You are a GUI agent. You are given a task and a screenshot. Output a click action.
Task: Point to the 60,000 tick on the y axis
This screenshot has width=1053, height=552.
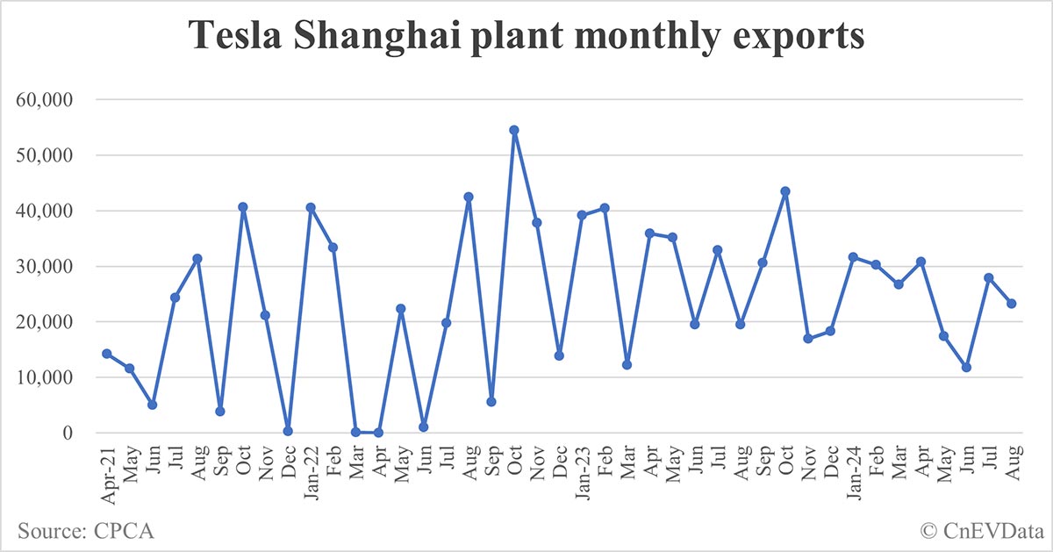[x=46, y=100]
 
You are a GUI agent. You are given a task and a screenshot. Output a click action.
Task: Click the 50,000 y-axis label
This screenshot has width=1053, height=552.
[x=46, y=155]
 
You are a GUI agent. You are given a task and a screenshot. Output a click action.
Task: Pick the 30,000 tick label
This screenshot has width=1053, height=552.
[x=46, y=267]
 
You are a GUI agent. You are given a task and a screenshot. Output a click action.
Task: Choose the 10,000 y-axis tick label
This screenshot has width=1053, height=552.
[x=46, y=377]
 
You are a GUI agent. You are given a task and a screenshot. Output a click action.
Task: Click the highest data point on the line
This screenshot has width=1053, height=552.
[x=514, y=130]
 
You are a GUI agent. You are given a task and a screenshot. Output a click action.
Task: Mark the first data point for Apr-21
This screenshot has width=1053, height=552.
[x=107, y=354]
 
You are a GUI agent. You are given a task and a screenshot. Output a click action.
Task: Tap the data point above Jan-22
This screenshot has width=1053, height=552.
[x=311, y=208]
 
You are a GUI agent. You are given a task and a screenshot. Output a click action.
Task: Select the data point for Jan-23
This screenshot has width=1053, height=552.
[x=582, y=215]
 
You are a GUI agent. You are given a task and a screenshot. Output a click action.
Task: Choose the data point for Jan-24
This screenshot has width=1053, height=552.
[x=853, y=257]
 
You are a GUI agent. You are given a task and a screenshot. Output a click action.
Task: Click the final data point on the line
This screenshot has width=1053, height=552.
[x=1012, y=304]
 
